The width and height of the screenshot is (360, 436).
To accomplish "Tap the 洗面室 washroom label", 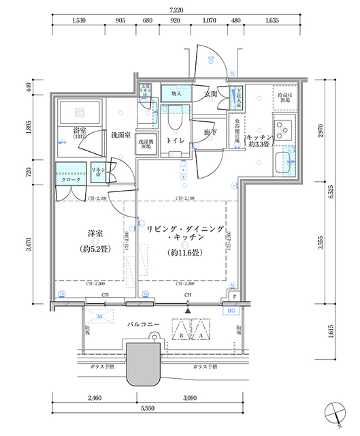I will pyautogui.click(x=120, y=135).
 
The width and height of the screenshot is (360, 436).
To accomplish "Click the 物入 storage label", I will pyautogui.click(x=176, y=93).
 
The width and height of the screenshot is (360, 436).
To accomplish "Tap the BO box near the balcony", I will pyautogui.click(x=231, y=311).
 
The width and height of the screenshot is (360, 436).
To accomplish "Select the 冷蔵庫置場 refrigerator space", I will pyautogui.click(x=284, y=96).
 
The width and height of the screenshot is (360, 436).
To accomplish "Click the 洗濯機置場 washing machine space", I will pyautogui.click(x=145, y=144).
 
